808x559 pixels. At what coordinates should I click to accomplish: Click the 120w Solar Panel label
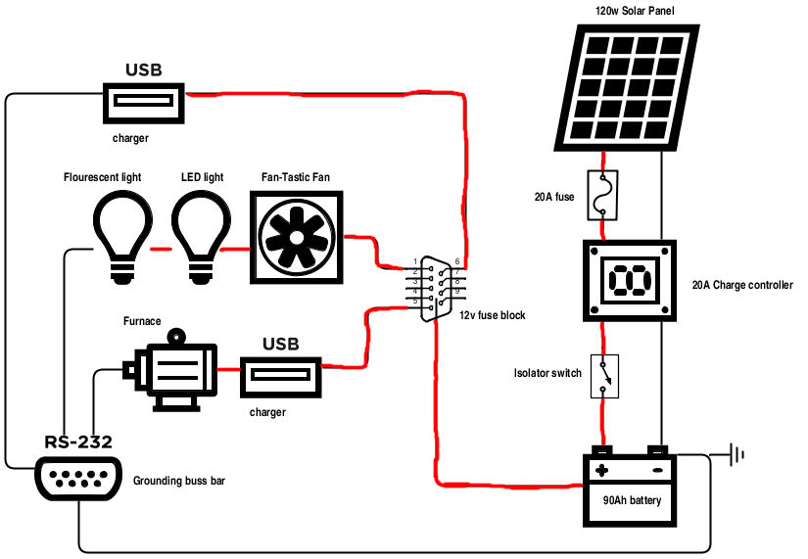point(634,11)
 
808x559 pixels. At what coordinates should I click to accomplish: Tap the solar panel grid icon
point(633,86)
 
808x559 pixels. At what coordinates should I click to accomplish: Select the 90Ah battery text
point(632,501)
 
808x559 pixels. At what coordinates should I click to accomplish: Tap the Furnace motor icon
point(173,370)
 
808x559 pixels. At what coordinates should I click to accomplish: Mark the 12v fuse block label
point(493,315)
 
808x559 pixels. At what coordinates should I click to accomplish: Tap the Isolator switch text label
point(547,373)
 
